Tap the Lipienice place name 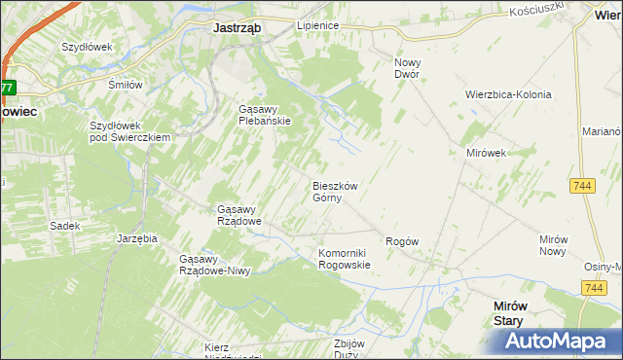pos(316,25)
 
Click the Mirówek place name pos(487,154)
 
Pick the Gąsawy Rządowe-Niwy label pos(215,265)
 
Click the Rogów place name pos(402,241)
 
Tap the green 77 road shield pos(7,88)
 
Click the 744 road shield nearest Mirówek pos(584,186)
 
